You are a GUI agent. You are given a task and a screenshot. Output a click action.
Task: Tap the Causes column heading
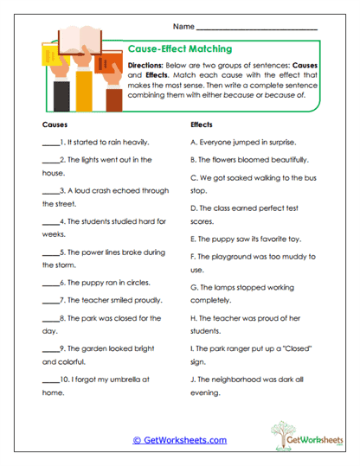55,124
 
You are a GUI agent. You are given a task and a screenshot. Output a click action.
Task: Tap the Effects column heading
201,124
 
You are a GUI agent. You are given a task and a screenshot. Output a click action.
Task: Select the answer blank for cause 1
49,143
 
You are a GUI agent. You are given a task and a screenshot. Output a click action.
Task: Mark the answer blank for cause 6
49,284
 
